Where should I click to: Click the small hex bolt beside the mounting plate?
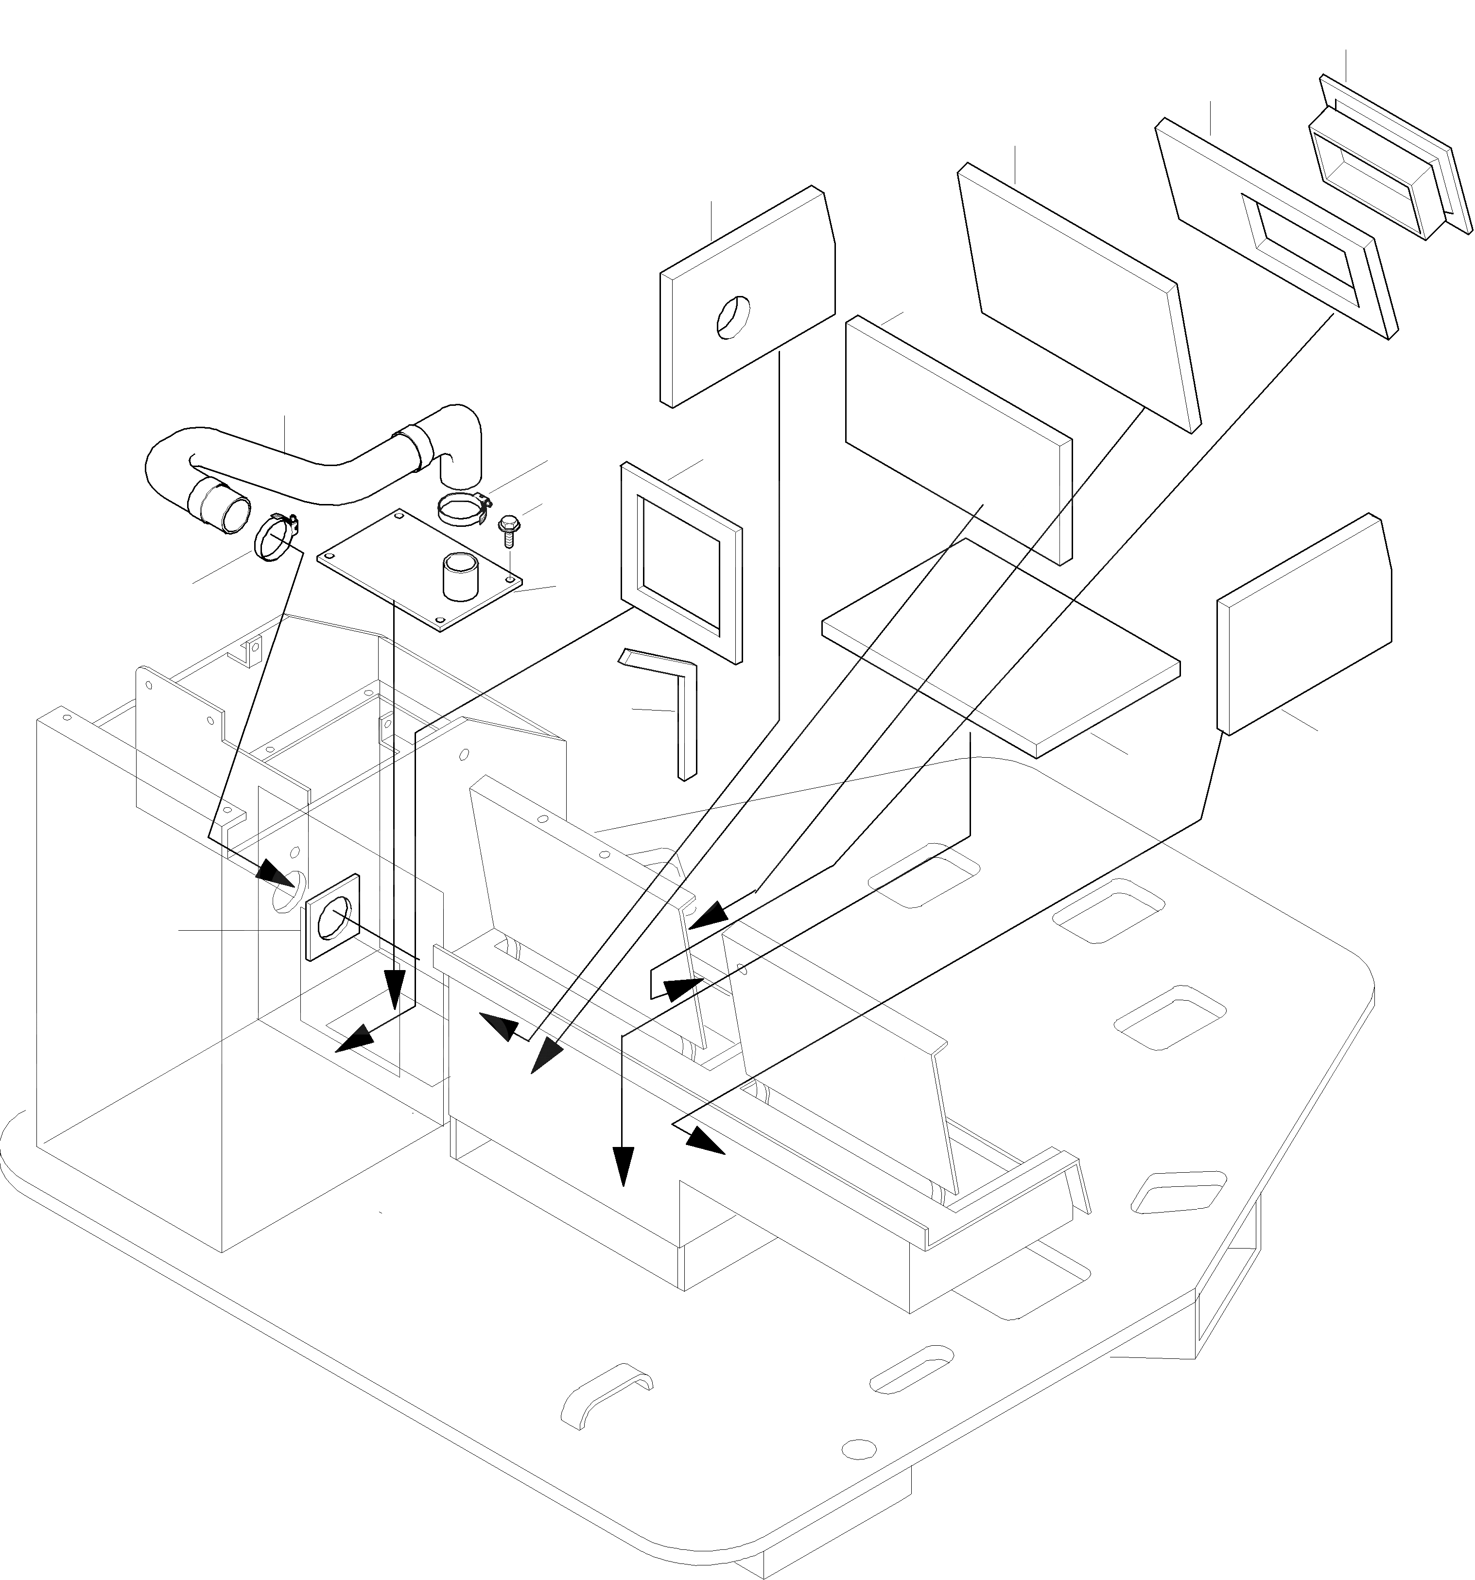click(x=506, y=528)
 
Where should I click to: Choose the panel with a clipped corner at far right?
click(x=1303, y=624)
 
